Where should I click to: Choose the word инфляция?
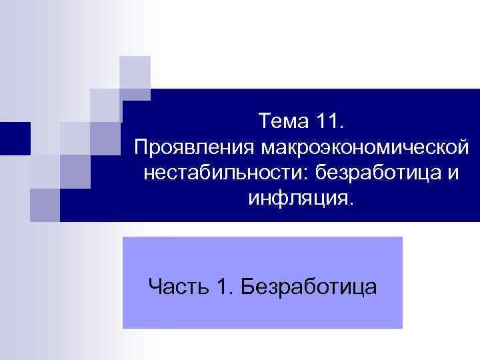(x=297, y=197)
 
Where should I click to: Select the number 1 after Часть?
(x=222, y=287)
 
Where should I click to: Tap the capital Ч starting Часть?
(x=155, y=287)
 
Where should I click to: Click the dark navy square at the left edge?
(x=15, y=139)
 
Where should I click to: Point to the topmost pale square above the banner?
(x=135, y=72)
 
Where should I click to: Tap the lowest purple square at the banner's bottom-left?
(x=45, y=205)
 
